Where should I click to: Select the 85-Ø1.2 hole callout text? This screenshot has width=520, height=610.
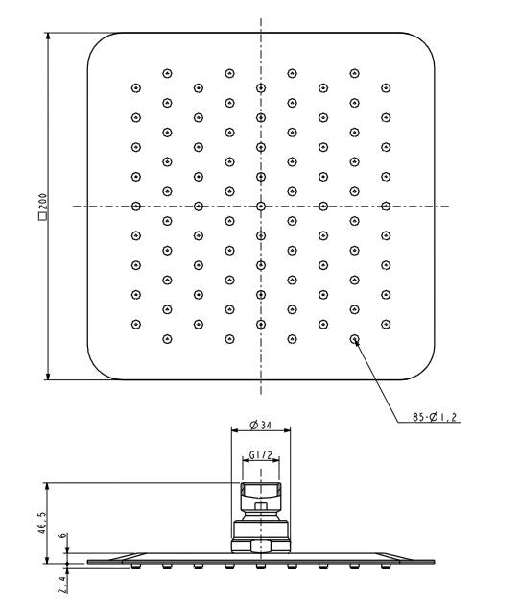(435, 417)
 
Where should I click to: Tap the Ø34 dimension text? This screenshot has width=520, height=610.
(260, 425)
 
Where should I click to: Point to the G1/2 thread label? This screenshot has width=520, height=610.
(261, 454)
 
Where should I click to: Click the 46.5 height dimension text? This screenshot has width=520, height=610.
(42, 523)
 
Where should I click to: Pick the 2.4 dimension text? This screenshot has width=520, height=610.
(63, 585)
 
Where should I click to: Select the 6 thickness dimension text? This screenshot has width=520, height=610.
(63, 536)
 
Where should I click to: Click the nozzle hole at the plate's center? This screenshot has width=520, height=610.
(261, 207)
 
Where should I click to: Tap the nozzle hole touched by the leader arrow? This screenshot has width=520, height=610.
(354, 339)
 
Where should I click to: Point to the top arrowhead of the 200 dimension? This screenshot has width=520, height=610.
(48, 37)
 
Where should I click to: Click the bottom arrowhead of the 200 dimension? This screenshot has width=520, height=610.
(48, 376)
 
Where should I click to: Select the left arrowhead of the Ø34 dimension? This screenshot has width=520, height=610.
(235, 429)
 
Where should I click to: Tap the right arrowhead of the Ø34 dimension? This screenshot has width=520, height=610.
(287, 429)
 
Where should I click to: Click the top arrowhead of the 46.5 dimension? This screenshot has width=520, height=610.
(47, 487)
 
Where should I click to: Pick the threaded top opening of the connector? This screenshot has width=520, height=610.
(261, 489)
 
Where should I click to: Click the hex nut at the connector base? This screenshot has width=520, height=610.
(261, 545)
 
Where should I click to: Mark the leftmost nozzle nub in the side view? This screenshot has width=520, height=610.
(135, 566)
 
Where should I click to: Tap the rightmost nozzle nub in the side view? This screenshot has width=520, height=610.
(386, 566)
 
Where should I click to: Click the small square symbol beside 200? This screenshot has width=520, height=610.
(42, 217)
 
